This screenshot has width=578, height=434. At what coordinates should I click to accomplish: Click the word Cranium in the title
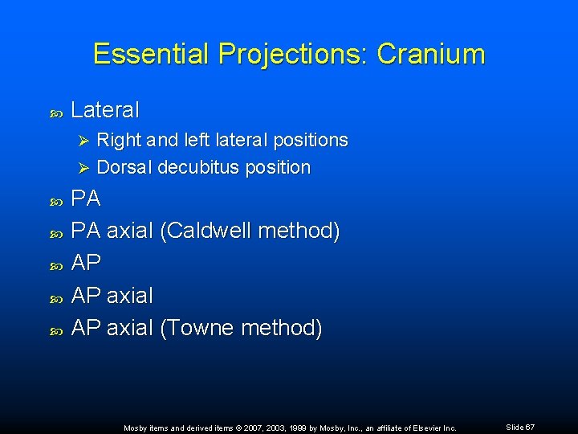click(431, 54)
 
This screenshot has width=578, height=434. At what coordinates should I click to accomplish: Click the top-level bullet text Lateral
click(105, 109)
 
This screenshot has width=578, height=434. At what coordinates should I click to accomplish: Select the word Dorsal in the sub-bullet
click(124, 168)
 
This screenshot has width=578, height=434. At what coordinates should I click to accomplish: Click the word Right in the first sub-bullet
click(118, 140)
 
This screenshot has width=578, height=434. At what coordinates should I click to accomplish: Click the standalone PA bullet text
click(86, 199)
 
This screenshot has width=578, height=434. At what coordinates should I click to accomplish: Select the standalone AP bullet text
click(86, 264)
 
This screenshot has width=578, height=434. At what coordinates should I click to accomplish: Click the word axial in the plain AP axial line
click(129, 296)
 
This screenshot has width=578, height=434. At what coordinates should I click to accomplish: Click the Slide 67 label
click(520, 428)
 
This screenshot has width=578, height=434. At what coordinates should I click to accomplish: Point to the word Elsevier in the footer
click(418, 428)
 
